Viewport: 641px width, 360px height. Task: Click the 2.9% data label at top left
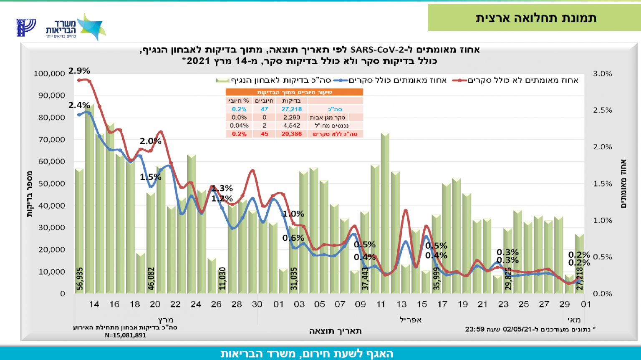click(x=79, y=71)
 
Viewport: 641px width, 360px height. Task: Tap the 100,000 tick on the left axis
click(x=49, y=74)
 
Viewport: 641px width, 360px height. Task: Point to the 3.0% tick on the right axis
click(x=603, y=74)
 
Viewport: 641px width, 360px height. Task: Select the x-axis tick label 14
click(x=94, y=305)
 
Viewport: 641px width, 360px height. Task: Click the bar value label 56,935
click(x=80, y=279)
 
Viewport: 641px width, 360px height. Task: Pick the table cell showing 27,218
click(x=291, y=109)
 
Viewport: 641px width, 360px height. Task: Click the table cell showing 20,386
click(x=291, y=134)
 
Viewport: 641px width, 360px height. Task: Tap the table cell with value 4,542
click(x=291, y=126)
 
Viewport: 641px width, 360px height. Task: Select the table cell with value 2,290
click(x=291, y=118)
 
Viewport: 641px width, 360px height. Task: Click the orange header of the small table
click(x=294, y=92)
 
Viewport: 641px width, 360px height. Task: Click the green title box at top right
click(x=535, y=18)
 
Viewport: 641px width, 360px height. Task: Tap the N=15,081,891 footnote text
click(x=125, y=335)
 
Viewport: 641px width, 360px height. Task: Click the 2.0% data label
click(x=150, y=141)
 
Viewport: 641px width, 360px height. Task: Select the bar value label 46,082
click(x=151, y=279)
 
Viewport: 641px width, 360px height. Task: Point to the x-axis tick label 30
click(x=257, y=305)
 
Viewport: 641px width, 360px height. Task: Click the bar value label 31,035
click(x=294, y=279)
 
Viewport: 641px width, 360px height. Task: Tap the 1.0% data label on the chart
click(x=293, y=214)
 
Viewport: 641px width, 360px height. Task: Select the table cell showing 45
click(x=264, y=134)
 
